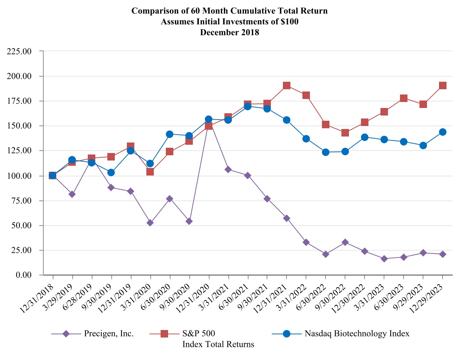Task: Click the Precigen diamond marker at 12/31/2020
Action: pos(209,125)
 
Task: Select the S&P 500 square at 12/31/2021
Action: pos(287,85)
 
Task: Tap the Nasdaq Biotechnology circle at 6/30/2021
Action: pos(248,106)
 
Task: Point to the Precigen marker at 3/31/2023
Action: pos(384,259)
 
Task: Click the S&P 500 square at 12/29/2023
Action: pos(443,85)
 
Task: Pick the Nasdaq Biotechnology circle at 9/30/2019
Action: pos(111,172)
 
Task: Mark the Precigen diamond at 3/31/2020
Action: pos(150,223)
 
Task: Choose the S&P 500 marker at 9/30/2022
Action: pos(345,133)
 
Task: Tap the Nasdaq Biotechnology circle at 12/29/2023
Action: pos(443,132)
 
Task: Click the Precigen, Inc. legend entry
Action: pos(109,333)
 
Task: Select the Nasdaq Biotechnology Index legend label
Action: pos(357,333)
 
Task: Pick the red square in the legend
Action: pos(164,333)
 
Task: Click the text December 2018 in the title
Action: pos(230,32)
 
